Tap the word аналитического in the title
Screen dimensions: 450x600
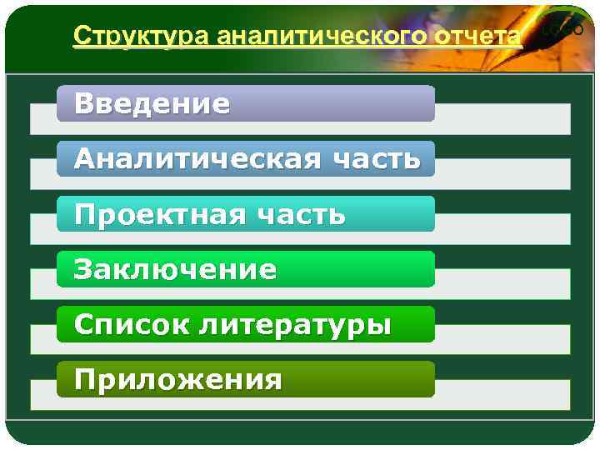pyautogui.click(x=321, y=37)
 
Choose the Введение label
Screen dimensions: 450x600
pyautogui.click(x=152, y=104)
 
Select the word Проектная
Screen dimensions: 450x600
pyautogui.click(x=158, y=214)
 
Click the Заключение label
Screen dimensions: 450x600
pyautogui.click(x=175, y=269)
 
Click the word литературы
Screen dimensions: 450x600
pyautogui.click(x=294, y=325)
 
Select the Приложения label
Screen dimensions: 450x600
pyautogui.click(x=177, y=380)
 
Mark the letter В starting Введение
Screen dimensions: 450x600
pyautogui.click(x=83, y=104)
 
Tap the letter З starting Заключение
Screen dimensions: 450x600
pyautogui.click(x=82, y=269)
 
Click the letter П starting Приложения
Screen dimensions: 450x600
pyautogui.click(x=84, y=380)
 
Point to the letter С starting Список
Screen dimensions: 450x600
pyautogui.click(x=82, y=324)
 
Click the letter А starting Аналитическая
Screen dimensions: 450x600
pyautogui.click(x=84, y=159)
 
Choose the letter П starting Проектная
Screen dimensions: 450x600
pyautogui.click(x=84, y=214)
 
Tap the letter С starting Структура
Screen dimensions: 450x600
pyautogui.click(x=81, y=37)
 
